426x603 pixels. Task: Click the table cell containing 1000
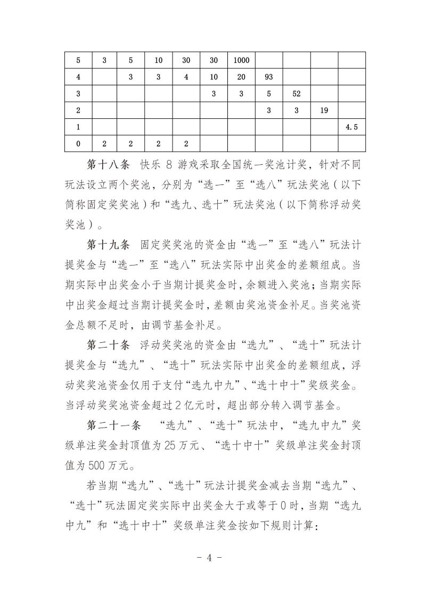point(241,60)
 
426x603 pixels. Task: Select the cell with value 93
point(269,77)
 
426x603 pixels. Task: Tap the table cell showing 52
point(297,93)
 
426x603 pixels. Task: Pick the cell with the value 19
point(324,110)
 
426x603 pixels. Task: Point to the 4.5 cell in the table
point(351,127)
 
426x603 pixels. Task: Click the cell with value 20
point(241,77)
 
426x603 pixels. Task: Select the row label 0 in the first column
point(78,143)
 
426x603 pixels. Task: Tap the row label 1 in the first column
point(78,127)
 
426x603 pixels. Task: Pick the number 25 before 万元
point(181,444)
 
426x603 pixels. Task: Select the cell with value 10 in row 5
point(159,60)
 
